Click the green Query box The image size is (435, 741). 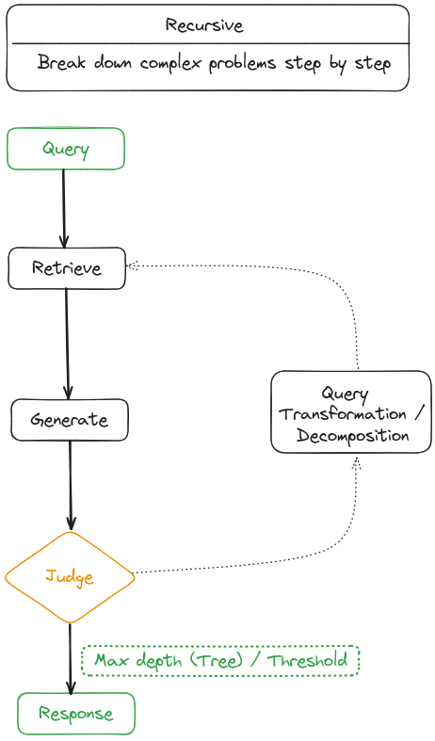(x=66, y=149)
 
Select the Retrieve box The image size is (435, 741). (x=66, y=268)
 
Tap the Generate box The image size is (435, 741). (x=69, y=420)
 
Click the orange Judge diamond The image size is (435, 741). (x=70, y=576)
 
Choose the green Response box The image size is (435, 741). (x=76, y=714)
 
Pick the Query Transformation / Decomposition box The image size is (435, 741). (x=350, y=412)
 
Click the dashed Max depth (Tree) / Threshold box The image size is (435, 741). (x=220, y=660)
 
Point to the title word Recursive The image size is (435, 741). (x=205, y=25)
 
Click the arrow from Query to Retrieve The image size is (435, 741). (x=64, y=208)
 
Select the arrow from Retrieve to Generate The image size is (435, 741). (x=67, y=344)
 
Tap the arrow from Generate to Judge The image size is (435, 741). (x=71, y=485)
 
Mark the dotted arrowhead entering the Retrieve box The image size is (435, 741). (x=133, y=266)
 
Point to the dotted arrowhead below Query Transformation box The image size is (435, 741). (x=357, y=461)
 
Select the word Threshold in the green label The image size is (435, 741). (x=308, y=660)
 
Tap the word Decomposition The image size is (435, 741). (x=352, y=436)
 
